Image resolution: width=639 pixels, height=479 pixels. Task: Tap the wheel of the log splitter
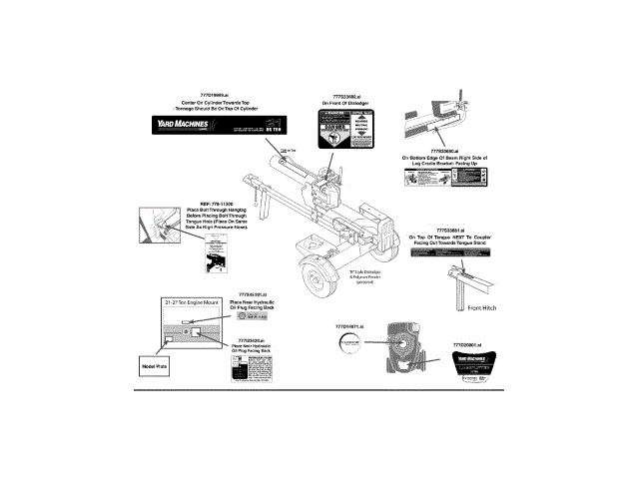click(x=321, y=276)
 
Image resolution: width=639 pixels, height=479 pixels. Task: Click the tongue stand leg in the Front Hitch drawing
click(x=460, y=291)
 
